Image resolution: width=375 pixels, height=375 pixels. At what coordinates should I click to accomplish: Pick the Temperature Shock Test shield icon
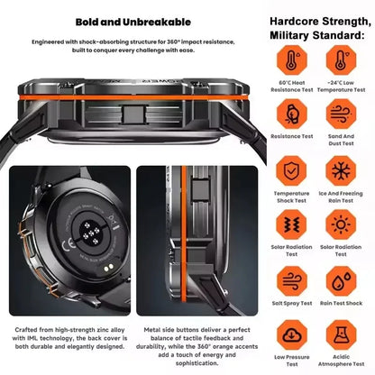coord(290,170)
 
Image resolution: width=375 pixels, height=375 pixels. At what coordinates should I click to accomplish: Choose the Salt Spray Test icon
coord(290,281)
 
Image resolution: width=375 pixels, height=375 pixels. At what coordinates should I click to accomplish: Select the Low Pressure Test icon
coord(290,335)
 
